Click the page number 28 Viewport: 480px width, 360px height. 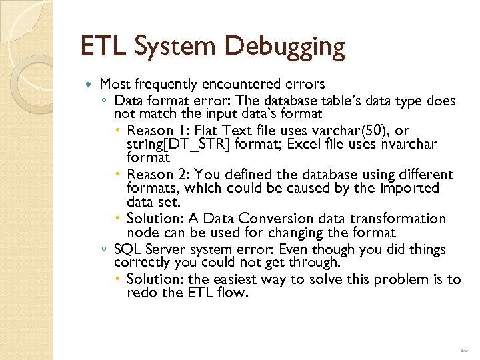(x=463, y=350)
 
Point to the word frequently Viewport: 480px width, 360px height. (x=167, y=85)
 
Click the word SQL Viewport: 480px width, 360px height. (x=127, y=250)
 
